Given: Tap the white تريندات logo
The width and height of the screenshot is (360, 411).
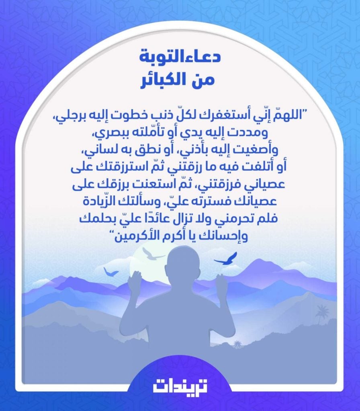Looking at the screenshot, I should pos(180,387).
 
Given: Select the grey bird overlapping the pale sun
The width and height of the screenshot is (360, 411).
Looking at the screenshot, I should pos(152,254).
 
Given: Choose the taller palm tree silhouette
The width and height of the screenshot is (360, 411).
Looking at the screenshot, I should pos(322,311).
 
